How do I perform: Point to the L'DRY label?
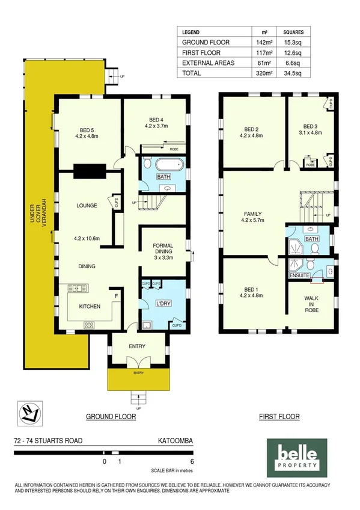tap(164, 303)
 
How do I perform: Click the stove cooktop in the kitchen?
tap(89, 325)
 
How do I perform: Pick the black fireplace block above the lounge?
tap(90, 170)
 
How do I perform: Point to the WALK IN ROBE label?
tap(311, 304)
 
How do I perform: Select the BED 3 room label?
tap(310, 129)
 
